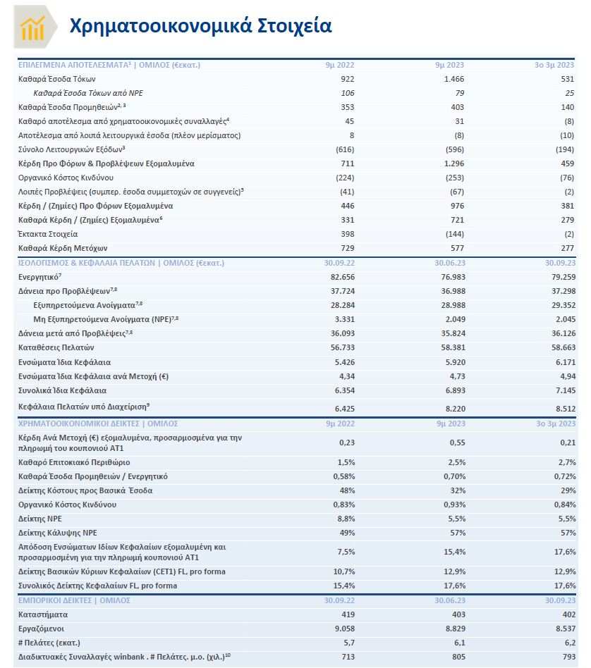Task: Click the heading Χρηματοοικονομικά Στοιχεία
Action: (x=200, y=26)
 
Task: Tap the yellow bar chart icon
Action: (x=32, y=27)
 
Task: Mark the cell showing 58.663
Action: (x=561, y=347)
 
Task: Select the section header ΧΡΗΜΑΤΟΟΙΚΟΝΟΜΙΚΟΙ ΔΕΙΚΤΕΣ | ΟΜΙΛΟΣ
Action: (x=98, y=423)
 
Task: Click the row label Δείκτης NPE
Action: (x=42, y=519)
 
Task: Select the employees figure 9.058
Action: (x=343, y=628)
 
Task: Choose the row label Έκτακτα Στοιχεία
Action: (x=48, y=234)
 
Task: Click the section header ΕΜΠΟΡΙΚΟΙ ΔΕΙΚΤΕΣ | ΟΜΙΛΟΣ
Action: (x=74, y=600)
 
